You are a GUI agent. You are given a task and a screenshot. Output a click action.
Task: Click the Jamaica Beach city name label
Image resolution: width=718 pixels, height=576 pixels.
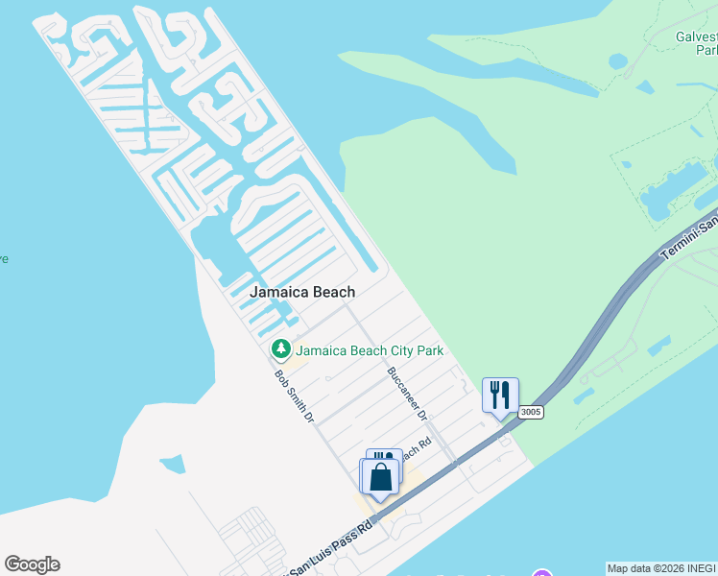click(x=302, y=292)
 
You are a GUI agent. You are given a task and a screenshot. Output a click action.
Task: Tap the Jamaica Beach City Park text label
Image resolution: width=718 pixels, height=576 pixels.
click(x=370, y=350)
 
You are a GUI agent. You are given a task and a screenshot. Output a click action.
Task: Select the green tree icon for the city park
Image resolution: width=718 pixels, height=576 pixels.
click(x=281, y=349)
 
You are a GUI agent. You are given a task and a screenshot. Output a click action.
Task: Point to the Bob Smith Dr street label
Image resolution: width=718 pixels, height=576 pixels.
click(x=295, y=396)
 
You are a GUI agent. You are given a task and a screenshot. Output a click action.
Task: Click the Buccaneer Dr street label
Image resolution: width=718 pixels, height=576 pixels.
click(x=406, y=393)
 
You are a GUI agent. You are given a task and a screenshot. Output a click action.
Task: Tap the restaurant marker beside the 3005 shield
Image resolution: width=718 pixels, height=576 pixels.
click(x=500, y=396)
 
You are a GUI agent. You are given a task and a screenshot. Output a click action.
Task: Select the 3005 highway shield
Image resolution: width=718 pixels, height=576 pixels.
click(x=531, y=412)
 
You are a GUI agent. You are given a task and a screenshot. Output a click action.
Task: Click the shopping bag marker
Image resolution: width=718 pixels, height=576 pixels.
click(x=380, y=477)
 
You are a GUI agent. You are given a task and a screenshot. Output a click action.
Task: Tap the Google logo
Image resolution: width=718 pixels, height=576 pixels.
click(x=32, y=564)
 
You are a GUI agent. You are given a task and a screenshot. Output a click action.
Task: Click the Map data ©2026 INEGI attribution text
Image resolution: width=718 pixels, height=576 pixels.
click(x=661, y=568)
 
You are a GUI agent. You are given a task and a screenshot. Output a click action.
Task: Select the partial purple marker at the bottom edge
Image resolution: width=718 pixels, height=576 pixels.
click(x=542, y=573)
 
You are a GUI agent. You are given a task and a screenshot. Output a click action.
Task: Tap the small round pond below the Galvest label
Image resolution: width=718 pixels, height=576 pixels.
click(x=618, y=61)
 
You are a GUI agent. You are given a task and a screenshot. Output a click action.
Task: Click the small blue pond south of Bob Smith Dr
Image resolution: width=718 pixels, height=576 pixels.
click(x=172, y=465)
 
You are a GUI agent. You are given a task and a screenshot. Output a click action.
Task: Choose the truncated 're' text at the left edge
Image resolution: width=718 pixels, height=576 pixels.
click(x=4, y=258)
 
